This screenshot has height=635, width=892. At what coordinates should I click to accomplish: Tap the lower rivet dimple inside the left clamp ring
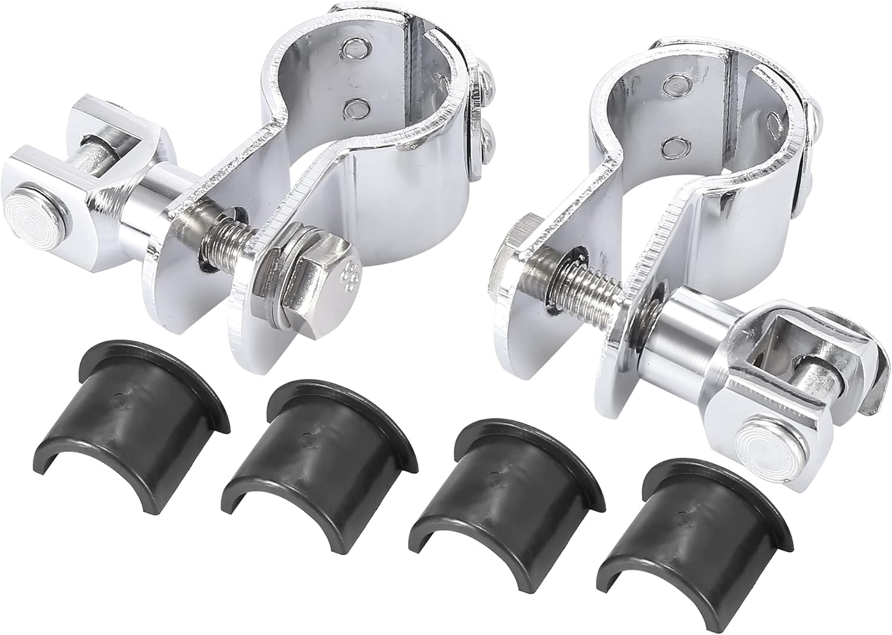tap(356, 108)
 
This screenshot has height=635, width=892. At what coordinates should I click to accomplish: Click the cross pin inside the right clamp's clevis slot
tap(809, 378)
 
